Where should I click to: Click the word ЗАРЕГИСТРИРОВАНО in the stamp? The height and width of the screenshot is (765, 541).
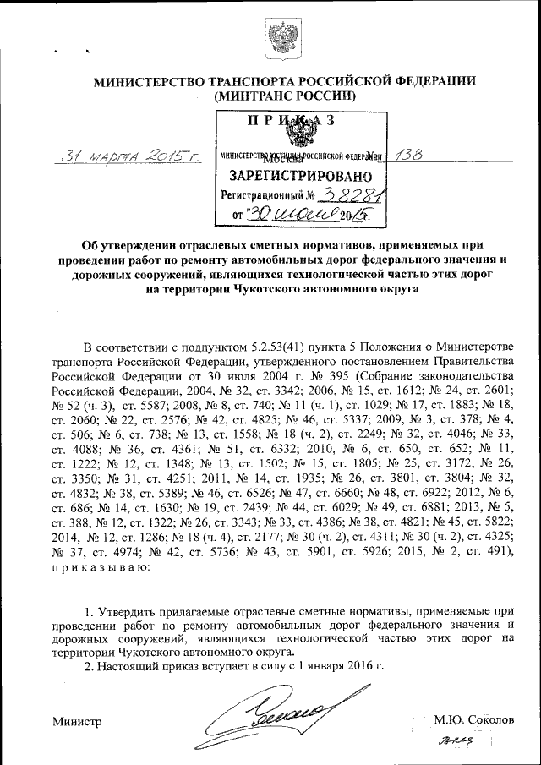[x=295, y=176]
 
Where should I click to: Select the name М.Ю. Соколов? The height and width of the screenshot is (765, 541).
[x=473, y=720]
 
